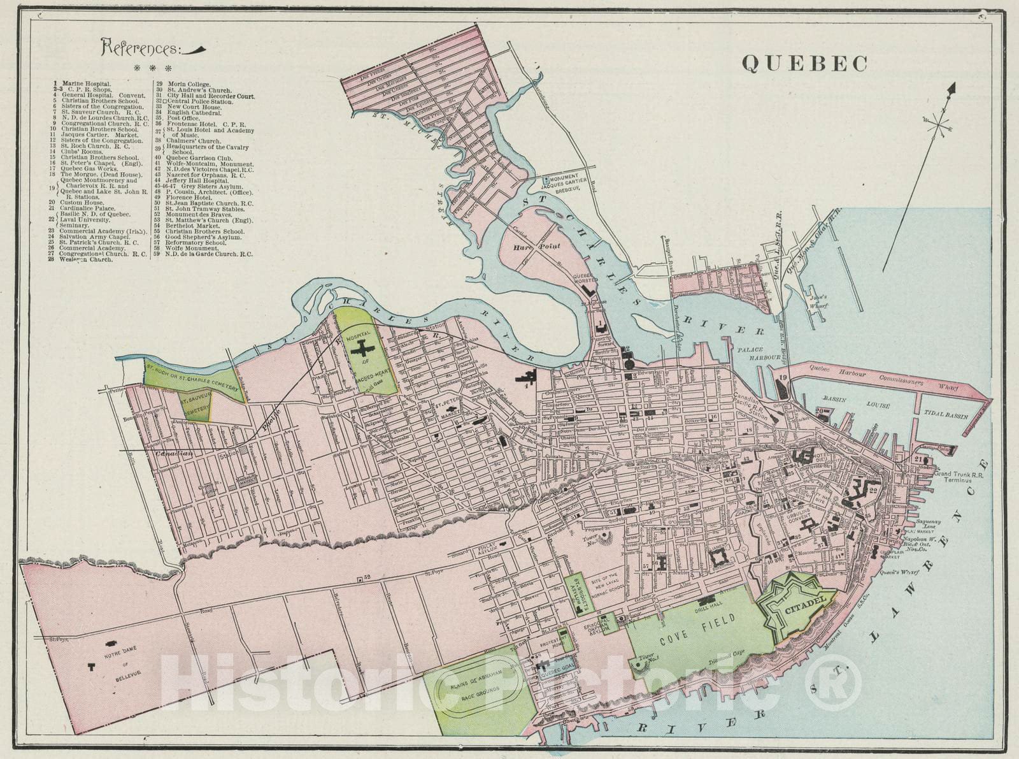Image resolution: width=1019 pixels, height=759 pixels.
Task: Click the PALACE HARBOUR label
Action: coord(758,354)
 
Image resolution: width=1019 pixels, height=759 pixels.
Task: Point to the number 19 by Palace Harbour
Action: coord(783,379)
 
